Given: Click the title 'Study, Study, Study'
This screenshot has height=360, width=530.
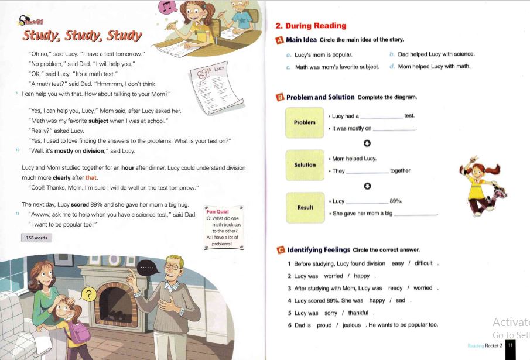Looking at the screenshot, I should coord(82,36).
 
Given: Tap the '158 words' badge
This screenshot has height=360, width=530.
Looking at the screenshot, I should coord(36,238).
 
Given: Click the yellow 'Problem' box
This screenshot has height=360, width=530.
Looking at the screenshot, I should coord(305,122).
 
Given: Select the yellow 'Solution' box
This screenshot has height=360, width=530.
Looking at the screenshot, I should coord(305,165).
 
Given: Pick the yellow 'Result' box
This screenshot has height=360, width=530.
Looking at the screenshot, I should coord(305,207).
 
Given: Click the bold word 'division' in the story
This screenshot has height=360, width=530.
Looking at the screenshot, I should coord(93,150).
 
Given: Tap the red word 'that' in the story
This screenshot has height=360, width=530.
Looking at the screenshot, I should coord(91,177).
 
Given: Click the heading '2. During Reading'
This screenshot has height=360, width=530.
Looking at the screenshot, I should coord(310,26).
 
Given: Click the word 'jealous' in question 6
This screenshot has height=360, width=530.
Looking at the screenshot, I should coord(352,325).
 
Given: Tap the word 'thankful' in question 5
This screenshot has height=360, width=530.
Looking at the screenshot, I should coord(358,313).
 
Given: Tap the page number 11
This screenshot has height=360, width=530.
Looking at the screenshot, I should coord(510,345).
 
